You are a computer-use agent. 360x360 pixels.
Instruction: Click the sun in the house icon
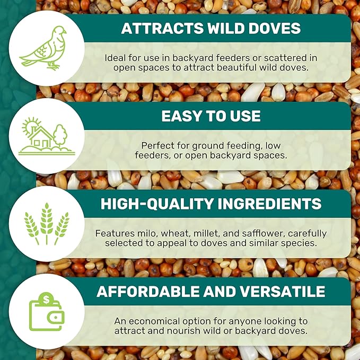(29, 126)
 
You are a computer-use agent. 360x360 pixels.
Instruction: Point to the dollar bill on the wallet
(45, 300)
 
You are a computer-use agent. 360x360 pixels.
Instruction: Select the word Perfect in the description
(158, 145)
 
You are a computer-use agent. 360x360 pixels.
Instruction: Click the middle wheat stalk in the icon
(47, 223)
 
